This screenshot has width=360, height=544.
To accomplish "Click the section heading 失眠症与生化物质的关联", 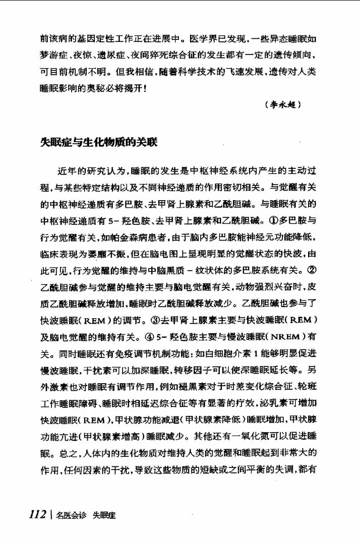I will [x=99, y=143].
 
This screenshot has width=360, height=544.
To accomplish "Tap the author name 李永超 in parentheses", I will [x=282, y=105].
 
